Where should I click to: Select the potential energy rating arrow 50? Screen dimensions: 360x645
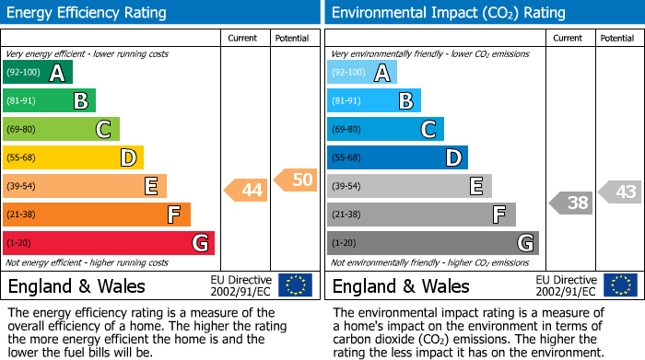[296, 180]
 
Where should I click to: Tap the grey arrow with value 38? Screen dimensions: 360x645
[571, 203]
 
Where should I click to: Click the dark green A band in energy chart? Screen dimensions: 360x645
[37, 73]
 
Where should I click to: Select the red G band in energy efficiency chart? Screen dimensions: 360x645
[108, 243]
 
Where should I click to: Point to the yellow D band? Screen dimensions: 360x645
[73, 157]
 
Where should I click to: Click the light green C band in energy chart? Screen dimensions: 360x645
[61, 129]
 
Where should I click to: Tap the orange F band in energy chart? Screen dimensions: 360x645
[96, 215]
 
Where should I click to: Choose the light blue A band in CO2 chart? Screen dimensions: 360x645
[361, 73]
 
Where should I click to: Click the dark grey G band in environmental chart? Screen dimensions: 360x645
[432, 243]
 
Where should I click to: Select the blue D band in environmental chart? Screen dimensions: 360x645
[397, 157]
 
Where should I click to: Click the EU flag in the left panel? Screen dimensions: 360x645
[295, 285]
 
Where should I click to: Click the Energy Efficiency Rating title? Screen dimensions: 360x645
[87, 13]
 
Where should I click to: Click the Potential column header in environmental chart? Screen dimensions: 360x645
[617, 38]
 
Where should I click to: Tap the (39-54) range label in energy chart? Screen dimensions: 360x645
[20, 187]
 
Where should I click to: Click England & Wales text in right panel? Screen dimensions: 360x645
[400, 285]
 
